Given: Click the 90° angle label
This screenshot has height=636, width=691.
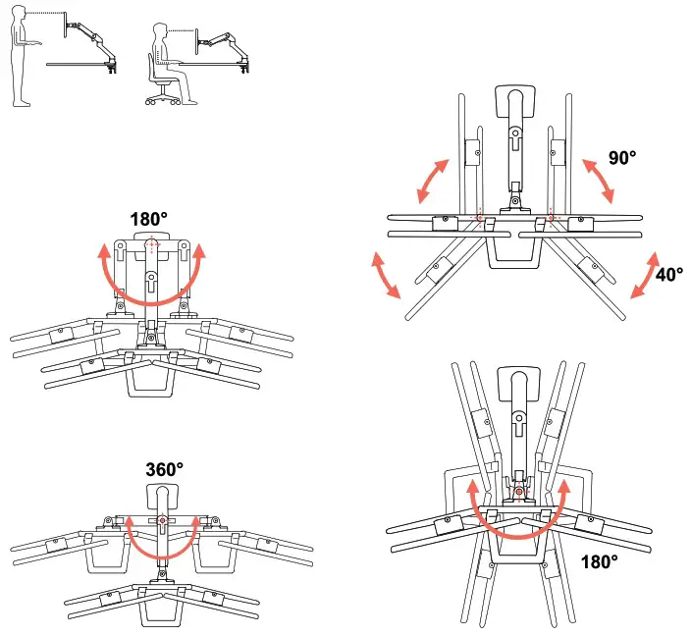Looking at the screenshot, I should point(622,158).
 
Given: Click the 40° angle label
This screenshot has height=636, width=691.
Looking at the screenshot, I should point(669,276).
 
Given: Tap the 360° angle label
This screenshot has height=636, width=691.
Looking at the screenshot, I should point(162,470).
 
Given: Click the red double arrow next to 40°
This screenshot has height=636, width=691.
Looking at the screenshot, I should point(644,275).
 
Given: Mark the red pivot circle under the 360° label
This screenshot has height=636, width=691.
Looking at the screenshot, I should point(162,520).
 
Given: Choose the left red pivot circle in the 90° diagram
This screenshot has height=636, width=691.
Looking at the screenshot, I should point(479,215).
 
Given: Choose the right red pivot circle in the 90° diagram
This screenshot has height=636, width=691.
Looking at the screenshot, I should point(552,215).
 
